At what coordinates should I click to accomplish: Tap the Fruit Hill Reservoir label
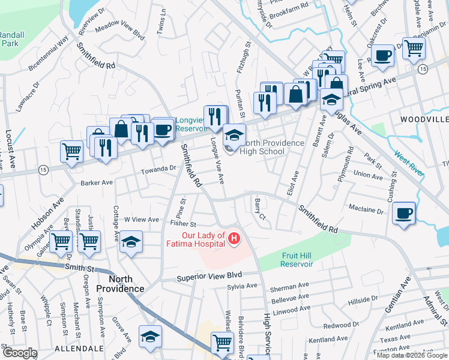298,259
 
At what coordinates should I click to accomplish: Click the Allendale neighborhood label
76,348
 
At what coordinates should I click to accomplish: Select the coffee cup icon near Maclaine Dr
404,213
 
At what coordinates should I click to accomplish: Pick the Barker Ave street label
97,182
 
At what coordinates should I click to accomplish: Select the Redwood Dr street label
340,325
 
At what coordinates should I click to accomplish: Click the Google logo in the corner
20,353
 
